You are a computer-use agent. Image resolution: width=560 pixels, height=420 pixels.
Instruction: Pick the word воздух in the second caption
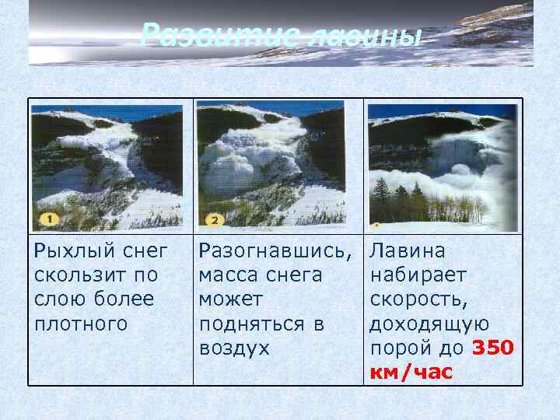pyautogui.click(x=234, y=348)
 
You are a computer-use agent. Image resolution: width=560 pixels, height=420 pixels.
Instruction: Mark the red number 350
pyautogui.click(x=492, y=348)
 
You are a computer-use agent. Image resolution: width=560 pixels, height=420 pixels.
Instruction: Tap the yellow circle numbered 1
pyautogui.click(x=49, y=220)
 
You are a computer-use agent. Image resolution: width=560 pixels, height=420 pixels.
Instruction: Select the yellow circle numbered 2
pyautogui.click(x=214, y=220)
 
